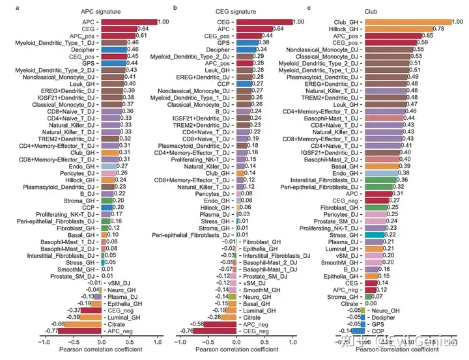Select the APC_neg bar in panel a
(79, 331)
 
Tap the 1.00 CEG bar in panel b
(264, 22)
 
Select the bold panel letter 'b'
(175, 7)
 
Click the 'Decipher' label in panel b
(218, 49)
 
